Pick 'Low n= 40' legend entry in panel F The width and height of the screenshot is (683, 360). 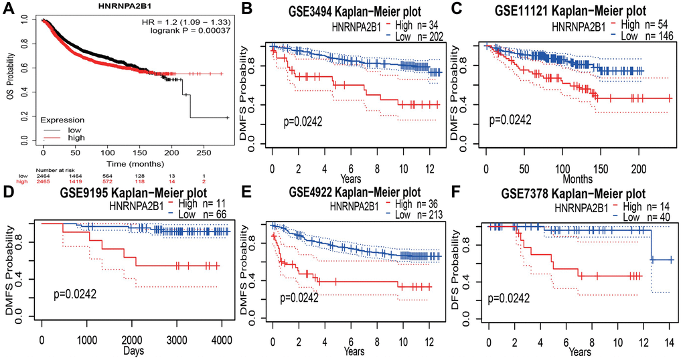click(x=641, y=217)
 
